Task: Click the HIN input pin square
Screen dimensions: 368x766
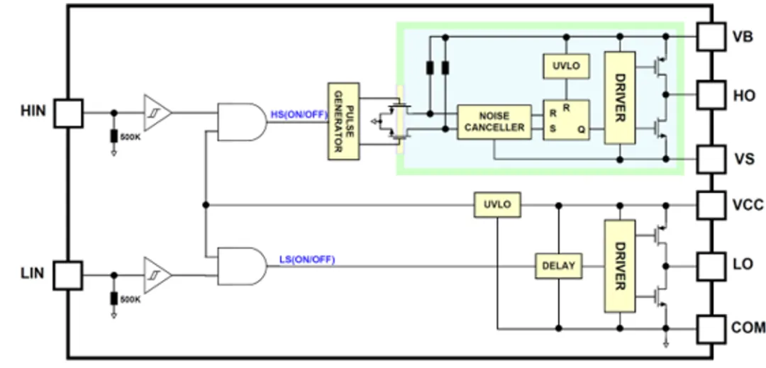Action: pyautogui.click(x=68, y=113)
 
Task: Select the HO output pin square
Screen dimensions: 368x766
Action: pyautogui.click(x=711, y=94)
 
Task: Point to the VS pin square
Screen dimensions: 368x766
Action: pyautogui.click(x=711, y=159)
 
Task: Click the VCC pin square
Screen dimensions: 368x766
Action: pyautogui.click(x=711, y=205)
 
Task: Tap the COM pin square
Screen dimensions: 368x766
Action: pyautogui.click(x=711, y=328)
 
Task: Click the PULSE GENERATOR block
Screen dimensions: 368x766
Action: pyautogui.click(x=343, y=120)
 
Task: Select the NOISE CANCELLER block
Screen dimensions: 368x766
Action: pyautogui.click(x=494, y=122)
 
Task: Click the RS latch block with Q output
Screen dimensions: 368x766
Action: pyautogui.click(x=566, y=120)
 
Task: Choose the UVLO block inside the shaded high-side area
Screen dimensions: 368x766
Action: pyautogui.click(x=566, y=66)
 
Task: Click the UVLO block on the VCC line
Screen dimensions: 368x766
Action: pyautogui.click(x=497, y=205)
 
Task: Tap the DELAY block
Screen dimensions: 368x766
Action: pyautogui.click(x=558, y=266)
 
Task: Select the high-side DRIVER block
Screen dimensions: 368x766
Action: pyautogui.click(x=620, y=98)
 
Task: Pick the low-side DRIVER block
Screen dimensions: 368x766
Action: pyautogui.click(x=620, y=266)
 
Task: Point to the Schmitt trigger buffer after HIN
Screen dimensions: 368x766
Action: pyautogui.click(x=157, y=112)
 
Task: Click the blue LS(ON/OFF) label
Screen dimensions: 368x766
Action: pyautogui.click(x=306, y=260)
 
